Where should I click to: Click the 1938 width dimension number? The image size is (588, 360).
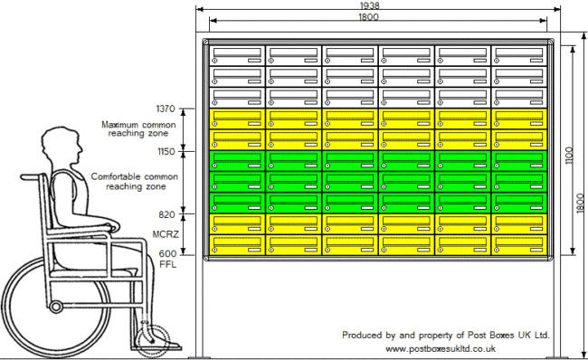pyautogui.click(x=369, y=5)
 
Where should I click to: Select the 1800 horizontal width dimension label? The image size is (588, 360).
pyautogui.click(x=368, y=17)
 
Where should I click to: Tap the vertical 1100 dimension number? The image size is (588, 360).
pyautogui.click(x=569, y=156)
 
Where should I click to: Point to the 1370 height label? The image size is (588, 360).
pyautogui.click(x=166, y=109)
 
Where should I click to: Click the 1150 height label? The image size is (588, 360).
pyautogui.click(x=166, y=151)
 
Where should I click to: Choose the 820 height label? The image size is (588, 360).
pyautogui.click(x=166, y=214)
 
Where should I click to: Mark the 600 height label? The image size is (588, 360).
pyautogui.click(x=167, y=254)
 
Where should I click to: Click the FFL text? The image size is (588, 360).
pyautogui.click(x=167, y=264)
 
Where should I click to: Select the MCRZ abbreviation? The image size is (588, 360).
pyautogui.click(x=166, y=234)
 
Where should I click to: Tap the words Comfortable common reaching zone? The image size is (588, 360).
pyautogui.click(x=135, y=182)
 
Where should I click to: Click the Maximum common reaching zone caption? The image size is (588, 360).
pyautogui.click(x=138, y=128)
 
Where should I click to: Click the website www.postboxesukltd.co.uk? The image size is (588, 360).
pyautogui.click(x=441, y=349)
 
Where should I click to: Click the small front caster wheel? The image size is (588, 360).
pyautogui.click(x=152, y=341)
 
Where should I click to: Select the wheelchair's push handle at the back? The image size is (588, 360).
pyautogui.click(x=33, y=176)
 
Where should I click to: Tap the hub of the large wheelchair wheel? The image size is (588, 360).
pyautogui.click(x=56, y=307)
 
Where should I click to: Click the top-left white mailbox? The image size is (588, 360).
pyautogui.click(x=237, y=55)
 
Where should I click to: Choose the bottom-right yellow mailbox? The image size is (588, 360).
pyautogui.click(x=519, y=245)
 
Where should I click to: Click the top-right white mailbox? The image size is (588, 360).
pyautogui.click(x=519, y=55)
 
